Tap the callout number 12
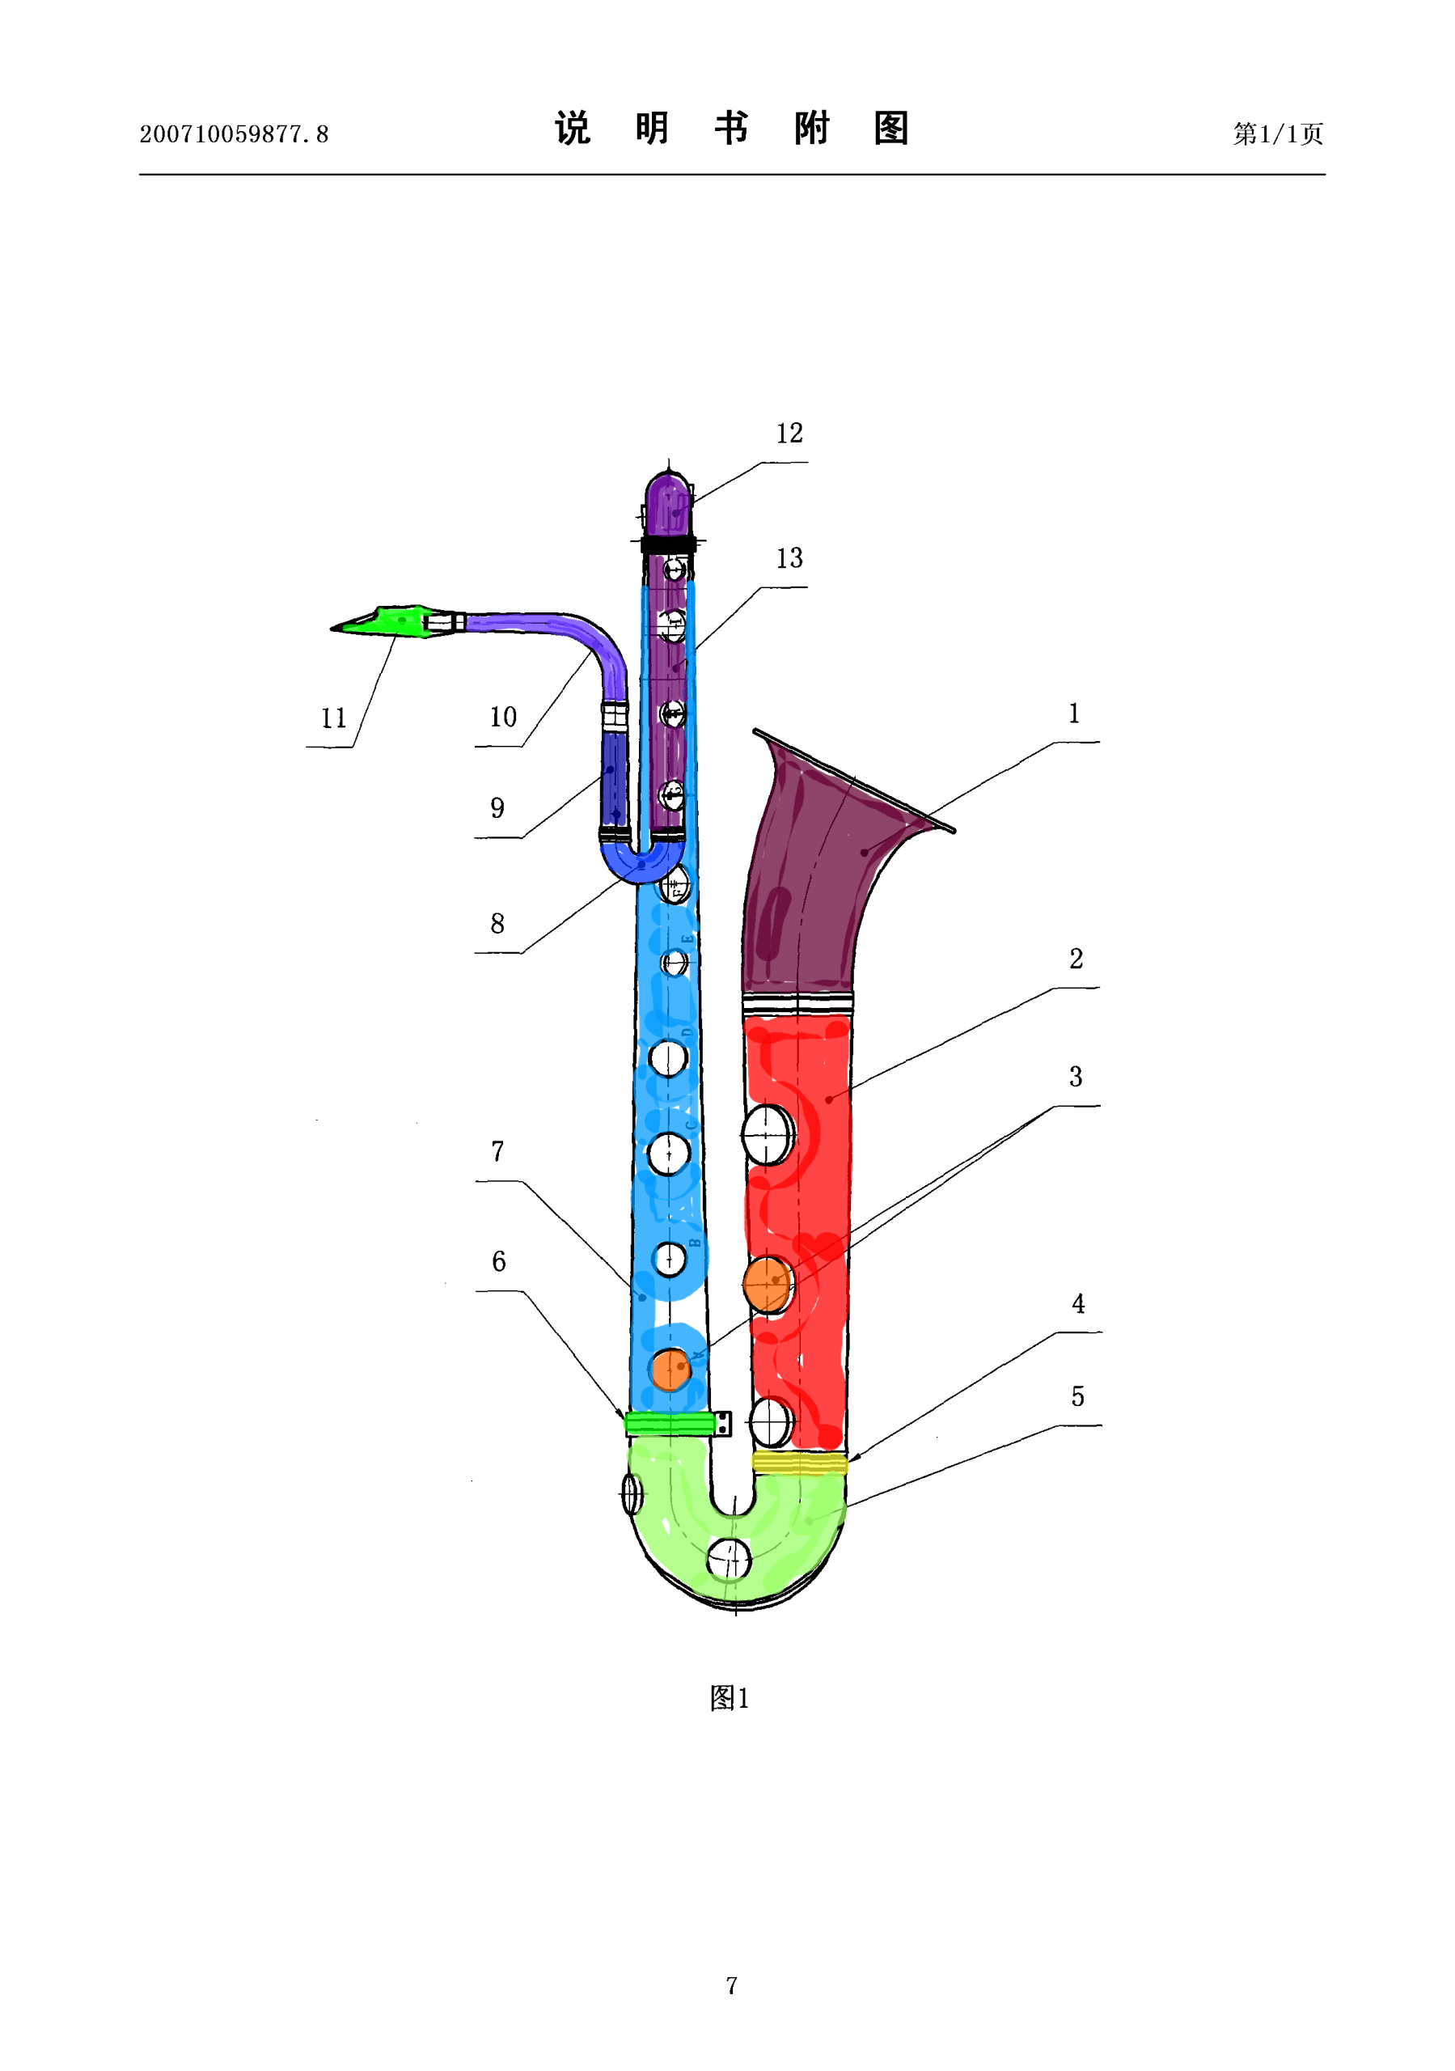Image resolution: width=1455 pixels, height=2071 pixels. coord(789,434)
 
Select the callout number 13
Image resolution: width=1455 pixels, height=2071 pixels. coord(789,558)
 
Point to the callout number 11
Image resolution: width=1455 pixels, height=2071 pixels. coord(334,718)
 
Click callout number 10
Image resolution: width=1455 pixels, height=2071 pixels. coord(503,717)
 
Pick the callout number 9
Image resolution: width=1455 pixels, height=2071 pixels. coord(497,808)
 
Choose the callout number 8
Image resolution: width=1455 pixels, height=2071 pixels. coord(497,924)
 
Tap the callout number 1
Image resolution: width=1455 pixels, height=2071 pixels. coord(1074,714)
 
